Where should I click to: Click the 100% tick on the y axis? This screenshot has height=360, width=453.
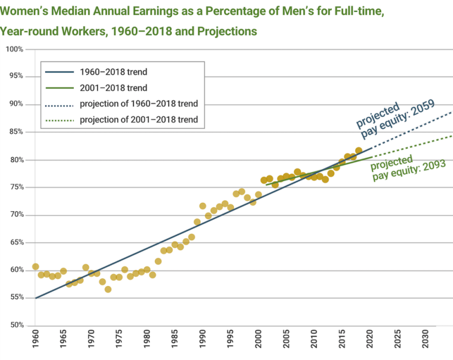pos(14,49)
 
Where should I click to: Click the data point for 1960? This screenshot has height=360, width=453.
pos(35,267)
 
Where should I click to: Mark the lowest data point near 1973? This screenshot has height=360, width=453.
pos(108,289)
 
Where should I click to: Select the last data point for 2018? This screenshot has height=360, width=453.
pos(358,150)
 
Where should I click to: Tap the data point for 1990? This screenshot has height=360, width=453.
pos(202,206)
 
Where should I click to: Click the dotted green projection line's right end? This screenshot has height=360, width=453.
pos(451,135)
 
